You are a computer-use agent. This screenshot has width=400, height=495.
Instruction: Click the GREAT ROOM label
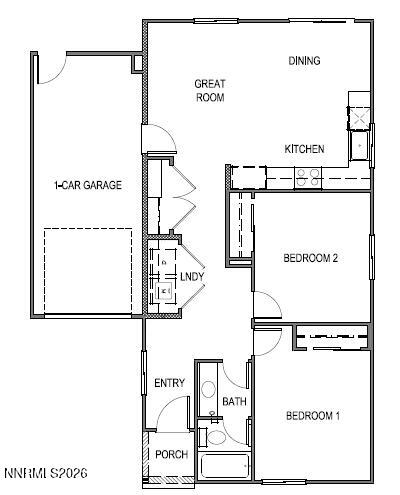209,91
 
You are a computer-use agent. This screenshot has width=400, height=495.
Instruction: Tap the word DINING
304,61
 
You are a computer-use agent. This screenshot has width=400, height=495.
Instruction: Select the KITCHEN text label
304,149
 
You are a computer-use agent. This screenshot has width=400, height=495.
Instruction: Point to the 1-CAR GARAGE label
88,185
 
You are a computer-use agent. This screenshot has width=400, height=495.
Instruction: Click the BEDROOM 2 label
310,258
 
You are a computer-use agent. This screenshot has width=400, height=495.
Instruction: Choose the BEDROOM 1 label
313,416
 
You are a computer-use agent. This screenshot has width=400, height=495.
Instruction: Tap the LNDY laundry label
191,276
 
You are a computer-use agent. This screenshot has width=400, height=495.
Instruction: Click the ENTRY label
169,383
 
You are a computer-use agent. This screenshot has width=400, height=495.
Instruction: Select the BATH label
234,402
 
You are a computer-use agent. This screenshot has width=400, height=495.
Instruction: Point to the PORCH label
171,455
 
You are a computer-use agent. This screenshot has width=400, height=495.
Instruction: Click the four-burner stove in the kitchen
308,178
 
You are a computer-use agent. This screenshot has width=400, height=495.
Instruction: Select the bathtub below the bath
225,467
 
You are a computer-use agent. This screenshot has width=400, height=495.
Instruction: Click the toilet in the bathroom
214,437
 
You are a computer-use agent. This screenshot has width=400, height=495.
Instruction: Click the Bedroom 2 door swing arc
264,305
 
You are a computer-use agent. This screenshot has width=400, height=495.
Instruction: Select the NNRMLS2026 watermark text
45,471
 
